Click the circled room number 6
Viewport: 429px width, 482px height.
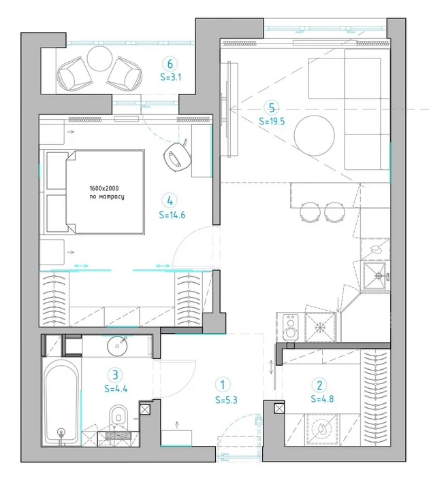pos(170,64)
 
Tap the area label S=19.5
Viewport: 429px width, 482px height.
pos(272,122)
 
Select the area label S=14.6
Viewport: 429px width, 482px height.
pos(172,215)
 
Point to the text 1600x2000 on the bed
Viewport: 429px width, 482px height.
pos(104,188)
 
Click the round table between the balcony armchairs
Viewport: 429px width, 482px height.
pos(100,58)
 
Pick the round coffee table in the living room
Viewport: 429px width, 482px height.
pos(314,135)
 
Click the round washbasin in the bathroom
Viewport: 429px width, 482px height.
pos(117,346)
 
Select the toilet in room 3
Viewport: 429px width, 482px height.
pos(118,417)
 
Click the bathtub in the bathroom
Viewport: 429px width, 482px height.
pos(61,402)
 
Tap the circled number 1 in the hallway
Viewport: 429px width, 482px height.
pos(223,385)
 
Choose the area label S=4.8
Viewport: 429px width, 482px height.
pos(322,398)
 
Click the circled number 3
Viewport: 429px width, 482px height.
pos(115,375)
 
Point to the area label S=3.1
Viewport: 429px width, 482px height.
pos(171,77)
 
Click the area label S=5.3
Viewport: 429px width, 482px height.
pos(226,400)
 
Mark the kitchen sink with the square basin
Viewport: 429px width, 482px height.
pos(375,276)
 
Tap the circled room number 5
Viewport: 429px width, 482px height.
pos(272,108)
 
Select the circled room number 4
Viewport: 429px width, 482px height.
pos(170,201)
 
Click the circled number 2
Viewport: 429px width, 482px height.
pos(319,385)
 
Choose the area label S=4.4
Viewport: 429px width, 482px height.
pos(116,389)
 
